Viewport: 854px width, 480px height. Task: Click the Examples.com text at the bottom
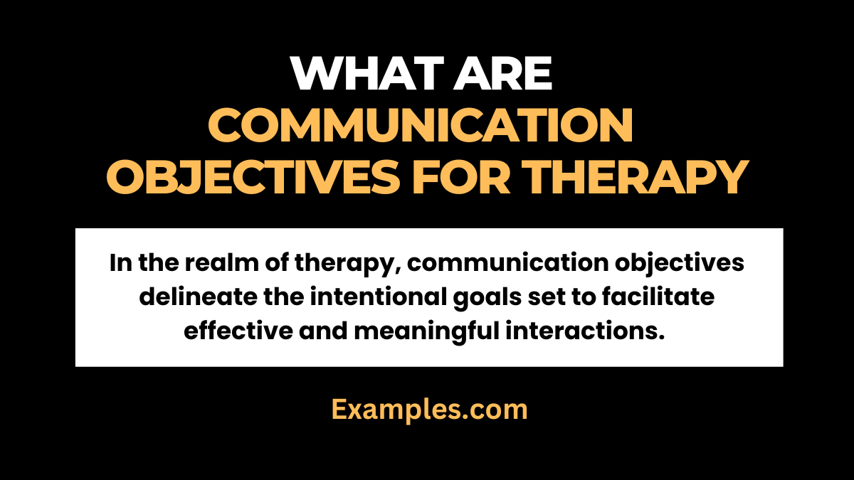click(x=429, y=410)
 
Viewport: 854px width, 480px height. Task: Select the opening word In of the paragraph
click(x=120, y=264)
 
